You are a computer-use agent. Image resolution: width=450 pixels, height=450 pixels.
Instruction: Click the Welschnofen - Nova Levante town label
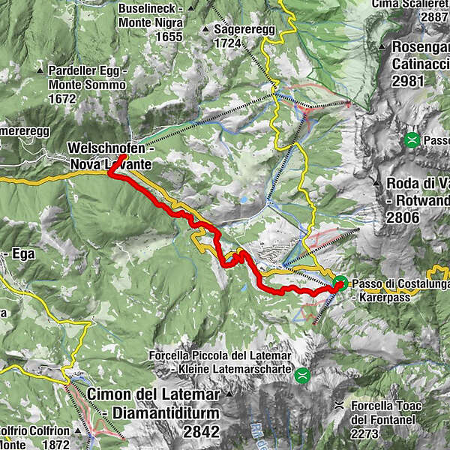pyautogui.click(x=110, y=155)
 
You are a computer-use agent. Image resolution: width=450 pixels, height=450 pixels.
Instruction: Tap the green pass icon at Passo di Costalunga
pyautogui.click(x=340, y=283)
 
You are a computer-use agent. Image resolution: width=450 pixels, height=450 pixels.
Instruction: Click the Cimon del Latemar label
pyautogui.click(x=154, y=394)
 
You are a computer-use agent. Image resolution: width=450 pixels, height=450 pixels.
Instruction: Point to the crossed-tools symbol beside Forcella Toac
pyautogui.click(x=339, y=406)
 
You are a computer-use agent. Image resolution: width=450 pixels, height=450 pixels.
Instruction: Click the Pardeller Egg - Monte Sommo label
pyautogui.click(x=87, y=77)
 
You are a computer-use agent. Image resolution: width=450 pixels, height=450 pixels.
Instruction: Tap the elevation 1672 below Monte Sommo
pyautogui.click(x=62, y=98)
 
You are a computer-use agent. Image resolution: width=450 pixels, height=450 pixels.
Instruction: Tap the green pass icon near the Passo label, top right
pyautogui.click(x=412, y=139)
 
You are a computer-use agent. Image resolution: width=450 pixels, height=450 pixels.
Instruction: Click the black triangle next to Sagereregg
pyautogui.click(x=205, y=29)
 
